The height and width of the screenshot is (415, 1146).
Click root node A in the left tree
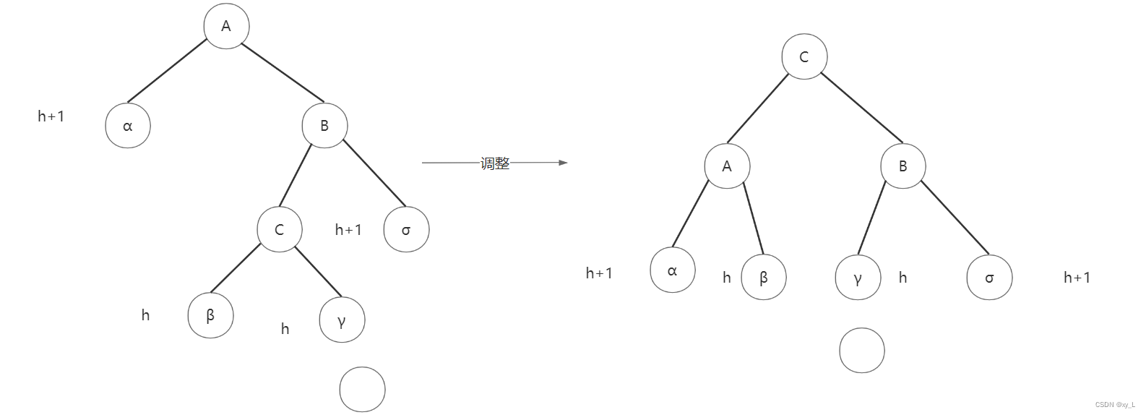pyautogui.click(x=226, y=26)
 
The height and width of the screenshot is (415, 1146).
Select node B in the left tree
pyautogui.click(x=324, y=125)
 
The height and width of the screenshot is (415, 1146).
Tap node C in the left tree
pyautogui.click(x=280, y=229)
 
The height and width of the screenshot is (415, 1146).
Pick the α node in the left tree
pyautogui.click(x=128, y=126)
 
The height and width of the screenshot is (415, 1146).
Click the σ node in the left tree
pyautogui.click(x=406, y=230)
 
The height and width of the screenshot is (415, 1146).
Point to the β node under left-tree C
pyautogui.click(x=210, y=315)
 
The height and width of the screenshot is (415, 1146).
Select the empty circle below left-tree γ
pyautogui.click(x=362, y=390)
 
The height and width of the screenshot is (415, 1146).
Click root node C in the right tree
pyautogui.click(x=804, y=56)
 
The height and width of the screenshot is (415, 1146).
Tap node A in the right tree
pyautogui.click(x=727, y=166)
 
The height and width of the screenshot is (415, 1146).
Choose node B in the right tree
pyautogui.click(x=902, y=166)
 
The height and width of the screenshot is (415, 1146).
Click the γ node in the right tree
pyautogui.click(x=858, y=277)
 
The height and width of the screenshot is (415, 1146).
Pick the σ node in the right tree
pyautogui.click(x=989, y=277)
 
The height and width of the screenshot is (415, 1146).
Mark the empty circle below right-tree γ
pyautogui.click(x=862, y=351)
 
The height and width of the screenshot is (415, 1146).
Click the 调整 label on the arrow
pyautogui.click(x=495, y=163)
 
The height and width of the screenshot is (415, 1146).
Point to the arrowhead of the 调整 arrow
pyautogui.click(x=564, y=163)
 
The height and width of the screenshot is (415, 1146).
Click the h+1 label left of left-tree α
pyautogui.click(x=51, y=116)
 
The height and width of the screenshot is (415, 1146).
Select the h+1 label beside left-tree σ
pyautogui.click(x=348, y=230)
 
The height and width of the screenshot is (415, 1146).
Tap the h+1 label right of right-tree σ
pyautogui.click(x=1077, y=277)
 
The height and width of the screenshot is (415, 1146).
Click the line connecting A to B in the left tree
pyautogui.click(x=282, y=72)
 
